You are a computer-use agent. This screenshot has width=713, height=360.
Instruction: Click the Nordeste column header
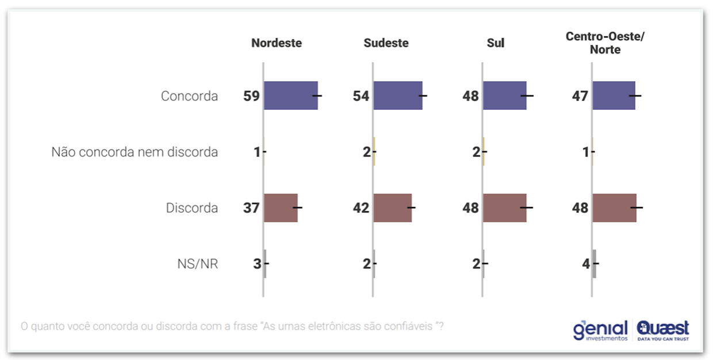point(277,43)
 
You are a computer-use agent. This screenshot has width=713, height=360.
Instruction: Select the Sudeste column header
point(386,43)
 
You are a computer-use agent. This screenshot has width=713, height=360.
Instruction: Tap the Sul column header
point(495,43)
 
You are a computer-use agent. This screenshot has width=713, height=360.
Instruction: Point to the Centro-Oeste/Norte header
point(605,43)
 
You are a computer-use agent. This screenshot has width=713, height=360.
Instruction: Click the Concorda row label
point(189,96)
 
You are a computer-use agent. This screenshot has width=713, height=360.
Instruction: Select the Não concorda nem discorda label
point(135,152)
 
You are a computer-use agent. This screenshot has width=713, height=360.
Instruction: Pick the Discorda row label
point(192,208)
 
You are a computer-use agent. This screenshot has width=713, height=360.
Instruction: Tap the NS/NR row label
point(197,264)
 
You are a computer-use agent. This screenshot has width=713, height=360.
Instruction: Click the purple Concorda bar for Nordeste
point(290,95)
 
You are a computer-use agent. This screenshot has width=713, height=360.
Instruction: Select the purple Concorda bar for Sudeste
point(398,95)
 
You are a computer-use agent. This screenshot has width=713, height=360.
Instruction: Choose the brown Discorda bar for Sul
point(504,208)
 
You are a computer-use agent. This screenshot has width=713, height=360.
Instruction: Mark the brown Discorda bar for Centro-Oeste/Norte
point(614,208)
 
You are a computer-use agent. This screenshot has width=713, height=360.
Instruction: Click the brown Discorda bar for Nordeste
point(281,208)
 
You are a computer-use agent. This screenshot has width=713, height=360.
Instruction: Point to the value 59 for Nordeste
point(251,96)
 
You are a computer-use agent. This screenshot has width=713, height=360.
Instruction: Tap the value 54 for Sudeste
point(361,96)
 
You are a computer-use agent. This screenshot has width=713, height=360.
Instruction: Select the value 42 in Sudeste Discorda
point(361,208)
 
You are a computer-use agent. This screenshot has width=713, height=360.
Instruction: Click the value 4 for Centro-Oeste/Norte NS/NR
point(585,264)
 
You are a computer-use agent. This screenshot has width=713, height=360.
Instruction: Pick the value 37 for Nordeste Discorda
point(251,208)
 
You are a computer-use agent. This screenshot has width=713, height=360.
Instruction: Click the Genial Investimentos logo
point(600,331)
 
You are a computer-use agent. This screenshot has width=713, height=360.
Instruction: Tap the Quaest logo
point(663,330)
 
